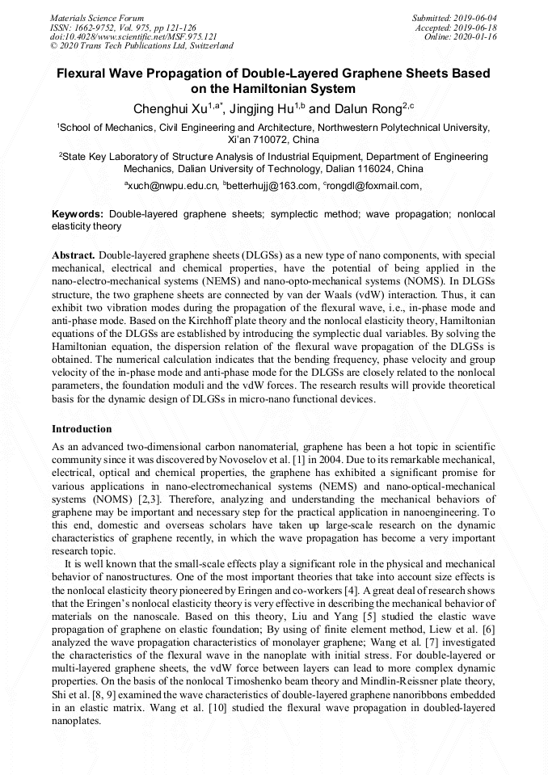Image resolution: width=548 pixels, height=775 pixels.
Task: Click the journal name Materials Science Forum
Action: (97, 17)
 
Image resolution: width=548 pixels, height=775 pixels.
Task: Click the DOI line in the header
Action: (133, 36)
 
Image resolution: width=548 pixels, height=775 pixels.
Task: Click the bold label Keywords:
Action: (78, 215)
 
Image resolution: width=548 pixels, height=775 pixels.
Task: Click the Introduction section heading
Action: (82, 428)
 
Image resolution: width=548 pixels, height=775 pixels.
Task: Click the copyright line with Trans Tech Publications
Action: (141, 46)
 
